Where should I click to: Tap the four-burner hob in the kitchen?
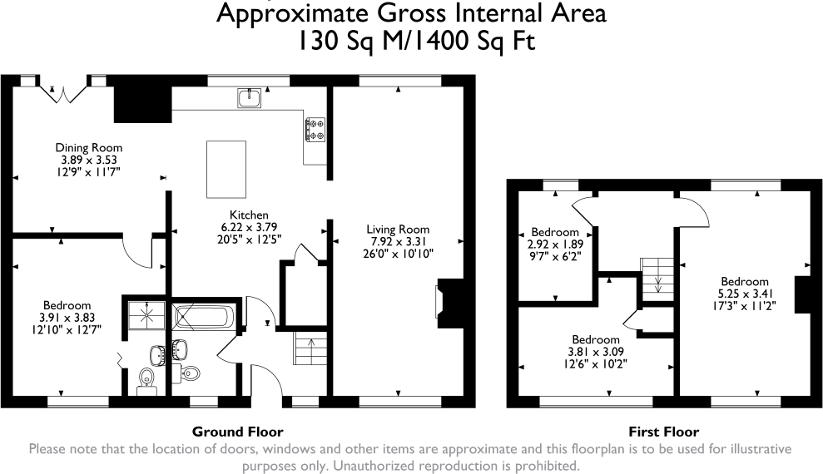coord(315,129)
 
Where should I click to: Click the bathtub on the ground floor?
coord(205,317)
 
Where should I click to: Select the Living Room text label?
coord(398,230)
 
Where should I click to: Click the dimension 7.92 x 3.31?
coord(398,241)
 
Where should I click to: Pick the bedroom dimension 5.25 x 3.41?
coord(745,294)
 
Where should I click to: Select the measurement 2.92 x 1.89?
coord(555,244)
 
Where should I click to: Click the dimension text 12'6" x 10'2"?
coord(595,363)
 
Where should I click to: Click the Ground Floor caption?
coord(237,432)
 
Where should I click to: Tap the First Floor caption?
coord(663,432)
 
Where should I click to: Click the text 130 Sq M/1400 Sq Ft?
coord(411,41)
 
